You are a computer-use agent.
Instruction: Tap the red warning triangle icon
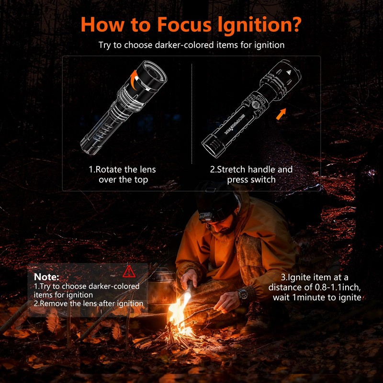(x=129, y=272)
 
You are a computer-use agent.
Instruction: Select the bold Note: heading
(x=47, y=277)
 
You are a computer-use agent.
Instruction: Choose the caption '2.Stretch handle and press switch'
(x=251, y=175)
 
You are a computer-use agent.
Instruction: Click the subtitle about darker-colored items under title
(x=191, y=45)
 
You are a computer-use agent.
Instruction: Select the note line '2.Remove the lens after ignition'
(x=89, y=304)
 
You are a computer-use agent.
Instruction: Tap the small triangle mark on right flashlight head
(x=289, y=71)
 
